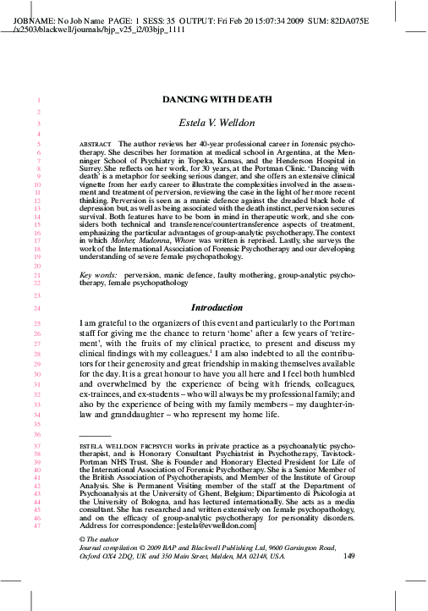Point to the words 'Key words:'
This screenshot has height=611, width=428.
98,277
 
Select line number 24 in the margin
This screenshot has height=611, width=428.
38,309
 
